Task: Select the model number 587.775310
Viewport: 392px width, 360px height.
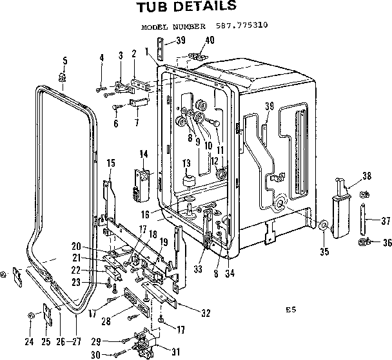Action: (239, 28)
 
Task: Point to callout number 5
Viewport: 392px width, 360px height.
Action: (64, 61)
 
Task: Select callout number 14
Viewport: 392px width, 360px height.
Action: (143, 153)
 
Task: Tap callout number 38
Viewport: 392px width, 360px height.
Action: (367, 175)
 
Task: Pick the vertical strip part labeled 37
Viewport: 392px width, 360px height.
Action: (364, 219)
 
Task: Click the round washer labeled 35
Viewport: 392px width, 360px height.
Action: (324, 226)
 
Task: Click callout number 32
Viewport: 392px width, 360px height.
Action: (206, 314)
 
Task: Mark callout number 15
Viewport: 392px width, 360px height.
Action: (110, 164)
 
